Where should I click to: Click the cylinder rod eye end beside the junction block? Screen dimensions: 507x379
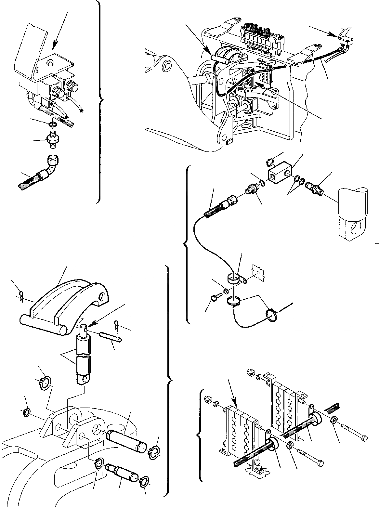(x=353, y=214)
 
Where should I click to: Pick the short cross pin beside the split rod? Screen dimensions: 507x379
(x=111, y=336)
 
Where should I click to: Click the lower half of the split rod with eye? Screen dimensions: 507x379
(x=83, y=370)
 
